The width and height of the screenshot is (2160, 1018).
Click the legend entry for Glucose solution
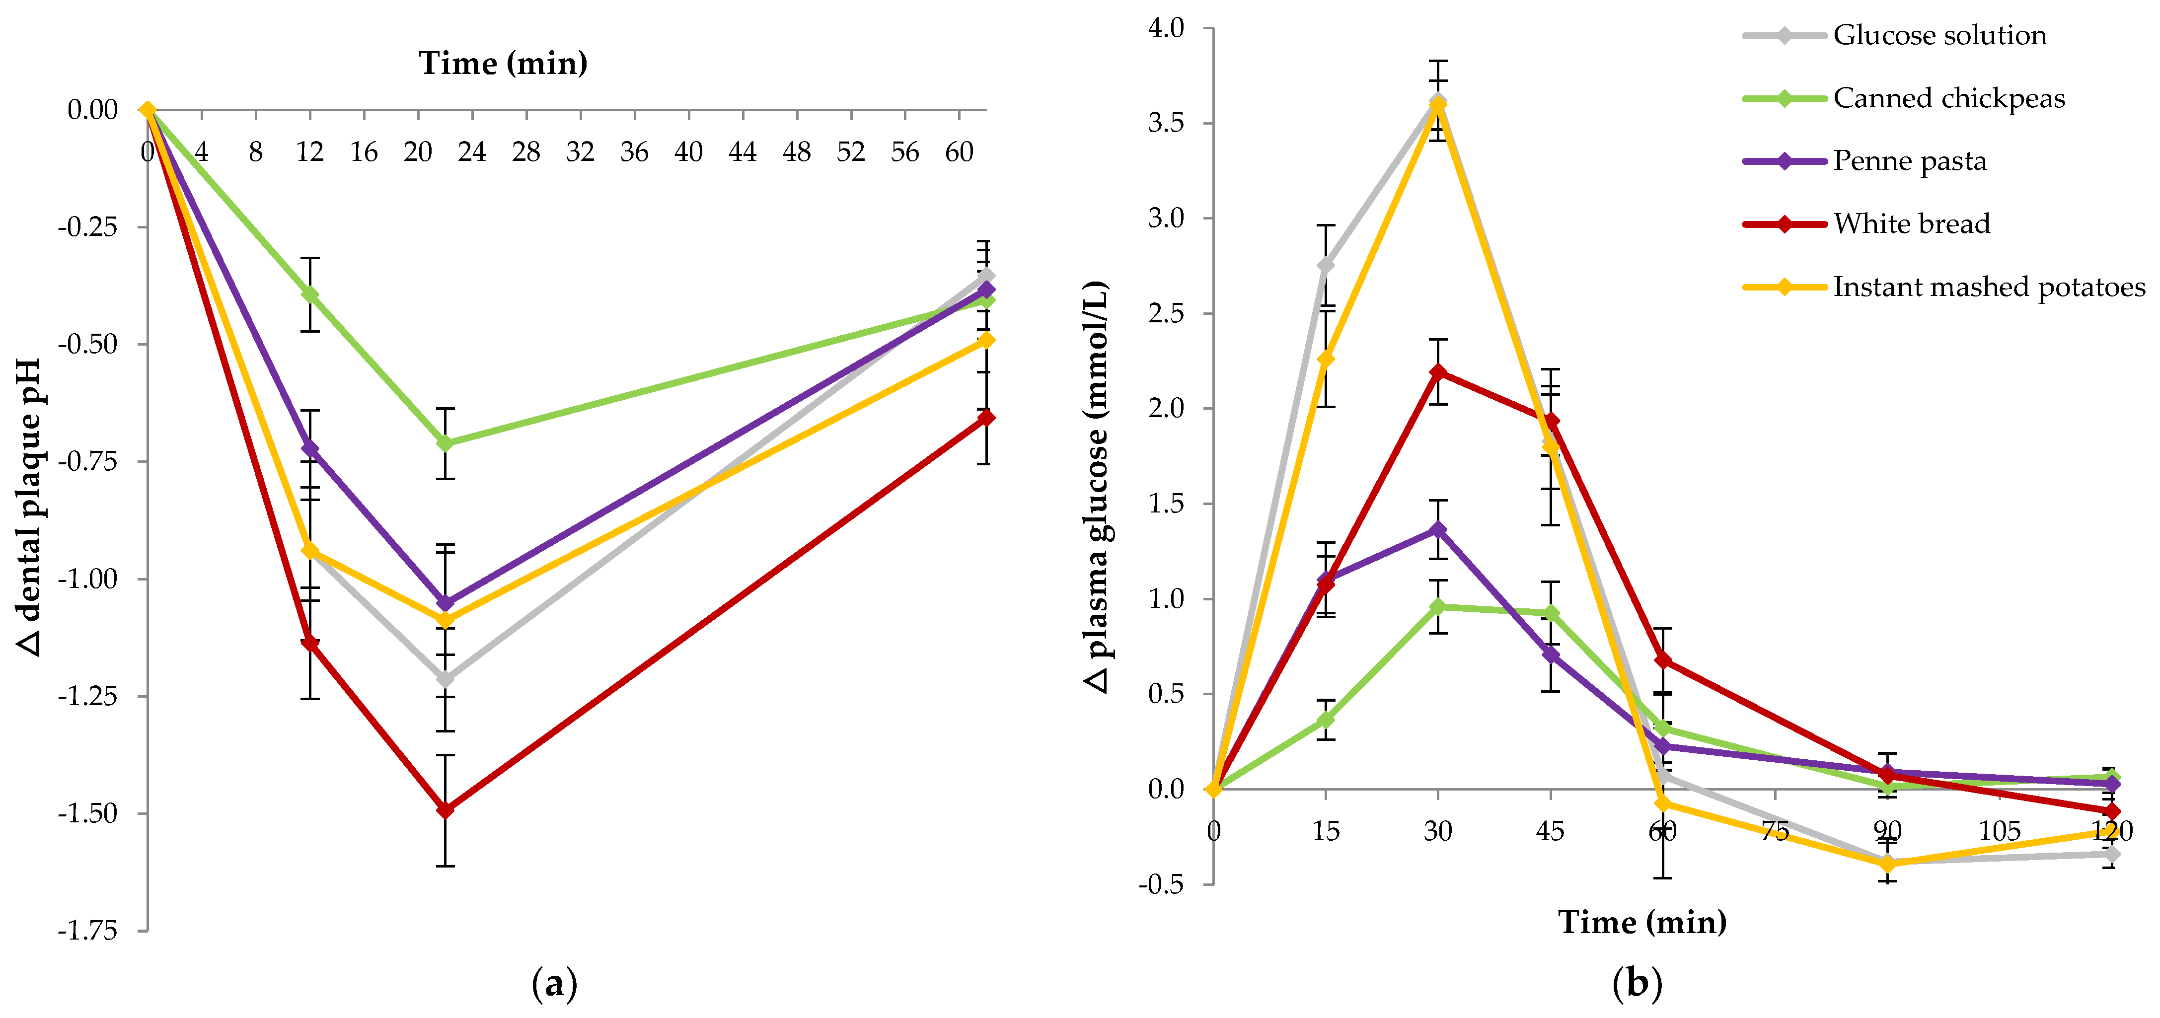[1938, 35]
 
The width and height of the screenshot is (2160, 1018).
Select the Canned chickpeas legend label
[1948, 98]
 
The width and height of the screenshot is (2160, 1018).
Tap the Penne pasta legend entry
[1909, 161]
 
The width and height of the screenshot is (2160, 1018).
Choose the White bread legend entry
[1911, 224]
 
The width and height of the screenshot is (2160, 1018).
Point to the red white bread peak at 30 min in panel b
[1438, 372]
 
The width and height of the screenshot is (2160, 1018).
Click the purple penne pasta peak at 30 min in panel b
[1438, 530]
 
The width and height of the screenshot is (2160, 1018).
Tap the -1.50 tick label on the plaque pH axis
[87, 813]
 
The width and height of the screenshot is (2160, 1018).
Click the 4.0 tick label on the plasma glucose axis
[1166, 28]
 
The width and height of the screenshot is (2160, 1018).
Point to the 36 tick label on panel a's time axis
[634, 152]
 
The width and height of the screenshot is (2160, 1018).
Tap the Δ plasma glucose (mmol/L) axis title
[1097, 486]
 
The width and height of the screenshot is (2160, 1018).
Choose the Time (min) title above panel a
[503, 63]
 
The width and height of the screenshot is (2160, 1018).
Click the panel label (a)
[554, 983]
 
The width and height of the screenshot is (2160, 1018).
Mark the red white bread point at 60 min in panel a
[986, 418]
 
